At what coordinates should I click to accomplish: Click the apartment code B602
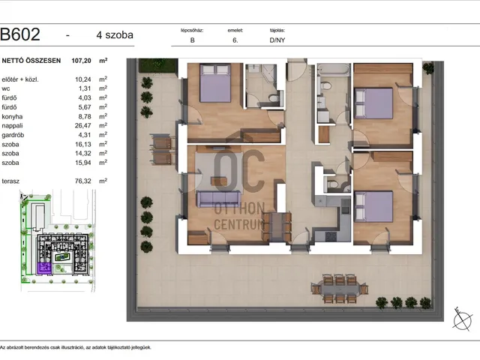tap(20, 34)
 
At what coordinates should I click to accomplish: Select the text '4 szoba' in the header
tap(115, 35)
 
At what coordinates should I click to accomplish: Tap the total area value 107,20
tap(81, 61)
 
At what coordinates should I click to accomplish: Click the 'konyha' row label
tap(12, 117)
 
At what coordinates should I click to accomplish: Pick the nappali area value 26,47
tap(83, 125)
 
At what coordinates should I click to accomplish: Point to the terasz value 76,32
tap(83, 181)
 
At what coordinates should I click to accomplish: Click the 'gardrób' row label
tap(13, 135)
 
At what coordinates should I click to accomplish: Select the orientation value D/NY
tap(277, 40)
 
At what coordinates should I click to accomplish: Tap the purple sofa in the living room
tap(218, 199)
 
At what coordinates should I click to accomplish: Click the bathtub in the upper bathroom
tap(333, 70)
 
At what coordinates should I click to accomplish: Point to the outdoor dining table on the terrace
tap(340, 289)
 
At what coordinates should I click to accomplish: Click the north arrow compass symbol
tap(462, 319)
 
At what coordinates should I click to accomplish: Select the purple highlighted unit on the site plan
tap(45, 268)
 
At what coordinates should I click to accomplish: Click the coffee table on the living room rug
tap(220, 181)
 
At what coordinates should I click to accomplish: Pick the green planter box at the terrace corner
tap(158, 66)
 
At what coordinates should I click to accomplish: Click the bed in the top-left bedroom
tap(215, 83)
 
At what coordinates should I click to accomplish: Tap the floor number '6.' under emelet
tap(235, 40)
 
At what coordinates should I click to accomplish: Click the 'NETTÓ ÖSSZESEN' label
tap(31, 61)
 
